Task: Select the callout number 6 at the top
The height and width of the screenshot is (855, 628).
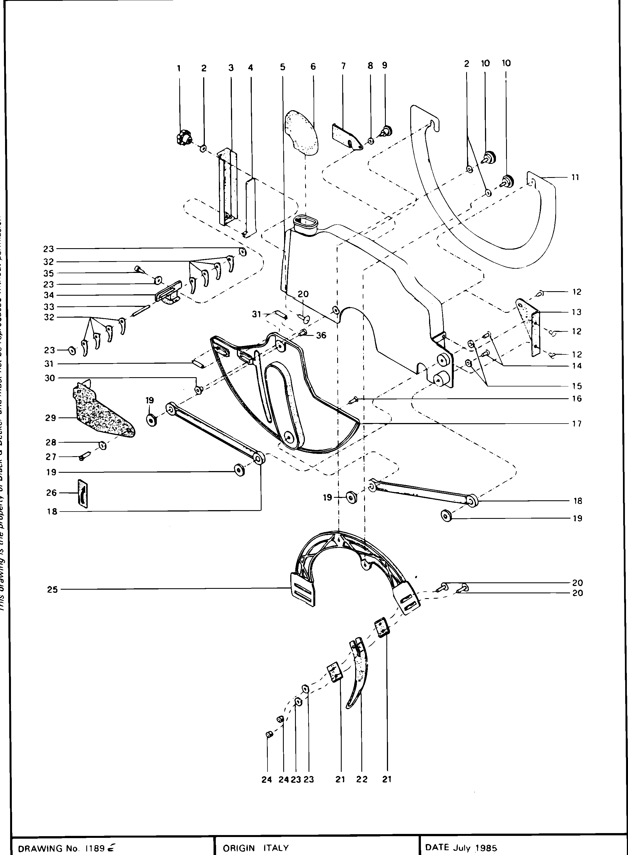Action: point(313,67)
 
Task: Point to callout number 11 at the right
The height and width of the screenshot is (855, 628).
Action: point(575,177)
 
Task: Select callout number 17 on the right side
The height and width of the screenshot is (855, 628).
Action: point(577,424)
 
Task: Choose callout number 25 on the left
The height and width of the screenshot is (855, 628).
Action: point(53,590)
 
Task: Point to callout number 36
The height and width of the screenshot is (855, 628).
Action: point(321,336)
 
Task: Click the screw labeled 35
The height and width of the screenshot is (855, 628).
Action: point(138,269)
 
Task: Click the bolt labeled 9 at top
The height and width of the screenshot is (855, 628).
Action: point(387,131)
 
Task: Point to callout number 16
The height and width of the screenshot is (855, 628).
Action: point(577,399)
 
